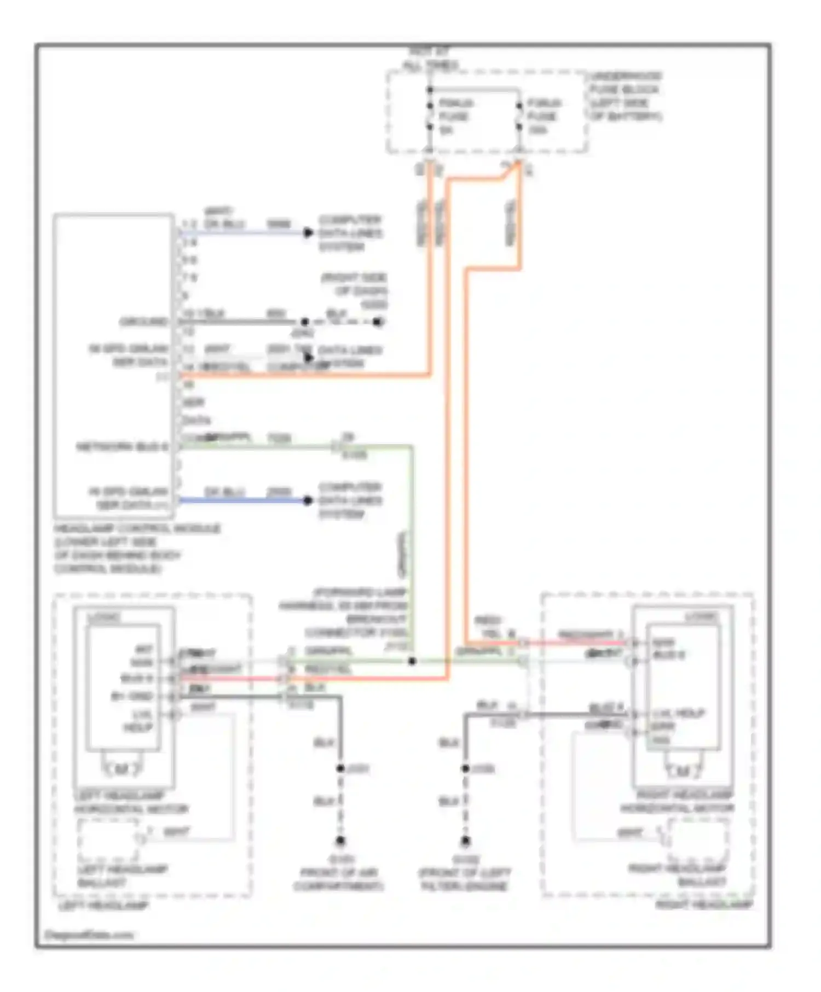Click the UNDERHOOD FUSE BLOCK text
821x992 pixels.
click(626, 96)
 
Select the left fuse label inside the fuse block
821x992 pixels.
click(455, 116)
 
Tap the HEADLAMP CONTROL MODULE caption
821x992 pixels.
click(137, 548)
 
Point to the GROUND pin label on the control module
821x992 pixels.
click(144, 322)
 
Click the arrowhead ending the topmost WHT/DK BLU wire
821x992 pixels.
click(308, 233)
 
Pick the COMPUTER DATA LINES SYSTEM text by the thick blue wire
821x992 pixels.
click(350, 500)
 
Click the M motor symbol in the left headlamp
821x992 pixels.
click(122, 769)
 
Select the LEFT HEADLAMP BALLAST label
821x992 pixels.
click(122, 876)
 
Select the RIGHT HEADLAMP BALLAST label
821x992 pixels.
click(679, 875)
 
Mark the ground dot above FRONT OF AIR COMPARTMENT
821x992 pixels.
click(340, 841)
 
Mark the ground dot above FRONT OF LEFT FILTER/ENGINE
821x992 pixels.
click(465, 841)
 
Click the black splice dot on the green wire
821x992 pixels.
click(412, 661)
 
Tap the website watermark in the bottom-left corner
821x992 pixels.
click(89, 935)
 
